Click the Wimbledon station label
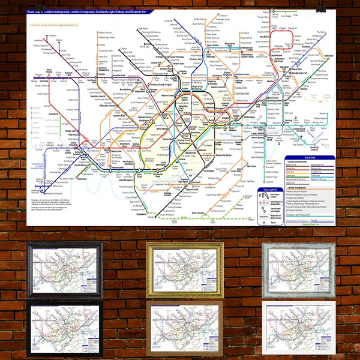(142, 213)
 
